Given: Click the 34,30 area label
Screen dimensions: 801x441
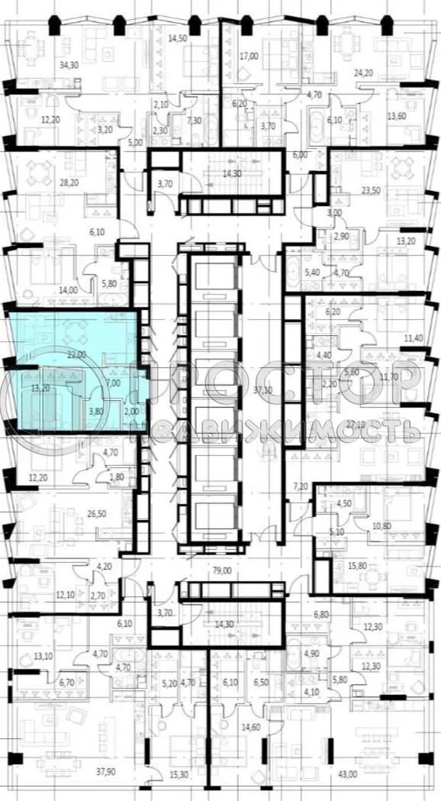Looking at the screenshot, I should tap(70, 65).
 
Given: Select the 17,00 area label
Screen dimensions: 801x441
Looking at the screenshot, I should tap(249, 56).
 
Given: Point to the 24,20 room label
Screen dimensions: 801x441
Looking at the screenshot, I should tap(363, 73).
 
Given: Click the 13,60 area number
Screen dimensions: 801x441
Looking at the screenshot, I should tap(396, 117).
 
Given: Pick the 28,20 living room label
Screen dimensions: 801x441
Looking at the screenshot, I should tap(69, 183).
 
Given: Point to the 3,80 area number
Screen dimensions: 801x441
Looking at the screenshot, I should tap(96, 410).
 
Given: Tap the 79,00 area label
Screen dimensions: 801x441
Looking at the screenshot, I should tap(222, 568).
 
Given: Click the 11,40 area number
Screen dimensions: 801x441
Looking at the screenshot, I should tap(413, 338).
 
